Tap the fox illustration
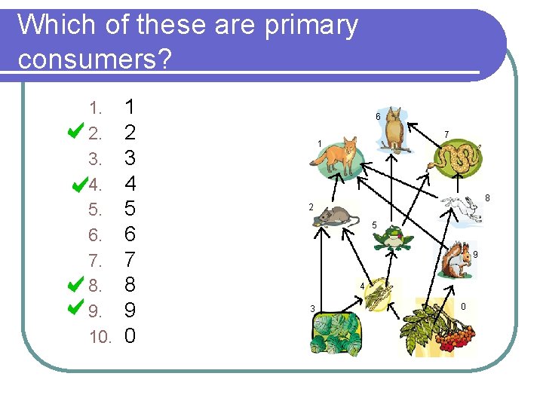point(339,157)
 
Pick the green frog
point(393,238)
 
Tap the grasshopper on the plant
point(379,294)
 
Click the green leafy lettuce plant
point(336,332)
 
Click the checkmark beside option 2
point(74,132)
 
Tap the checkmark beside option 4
point(78,182)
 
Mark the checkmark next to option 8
point(74,284)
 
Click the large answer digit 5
point(130,208)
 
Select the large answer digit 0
point(130,335)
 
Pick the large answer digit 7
point(130,259)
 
